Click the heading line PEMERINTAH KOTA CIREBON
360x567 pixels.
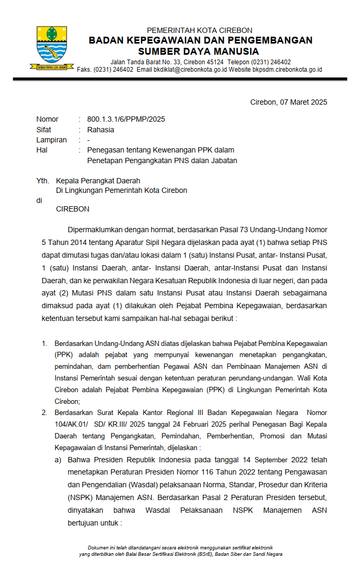pos(199,30)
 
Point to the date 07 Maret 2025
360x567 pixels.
pos(304,102)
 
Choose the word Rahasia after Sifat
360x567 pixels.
pos(101,130)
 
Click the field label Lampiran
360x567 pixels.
pos(51,140)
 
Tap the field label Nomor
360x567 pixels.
pos(47,119)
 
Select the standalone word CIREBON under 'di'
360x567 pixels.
pos(72,209)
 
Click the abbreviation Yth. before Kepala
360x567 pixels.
pos(43,181)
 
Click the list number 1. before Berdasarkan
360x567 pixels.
pos(45,344)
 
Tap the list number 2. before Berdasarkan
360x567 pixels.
pos(45,413)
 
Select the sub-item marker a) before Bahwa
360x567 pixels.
pos(58,460)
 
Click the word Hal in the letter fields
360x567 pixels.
pos(42,150)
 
